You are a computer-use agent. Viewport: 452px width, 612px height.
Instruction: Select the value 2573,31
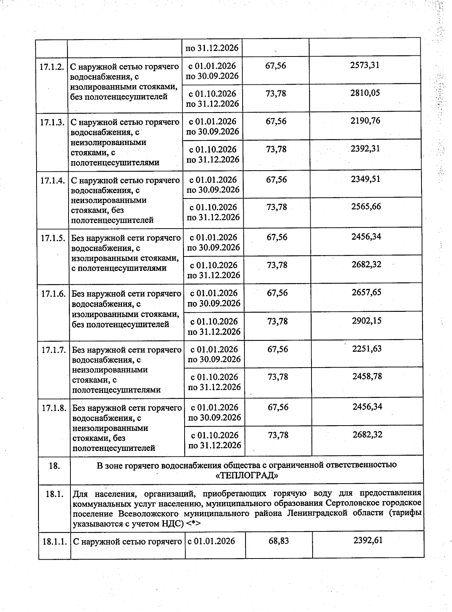(x=365, y=65)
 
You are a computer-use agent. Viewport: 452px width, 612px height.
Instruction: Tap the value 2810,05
(x=365, y=93)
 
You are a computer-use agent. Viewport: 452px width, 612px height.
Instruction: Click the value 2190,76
(x=365, y=121)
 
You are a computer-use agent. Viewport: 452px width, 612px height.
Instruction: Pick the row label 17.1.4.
(x=53, y=180)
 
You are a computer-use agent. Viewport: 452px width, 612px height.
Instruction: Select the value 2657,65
(x=366, y=292)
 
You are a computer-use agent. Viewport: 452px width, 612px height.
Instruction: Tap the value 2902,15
(x=366, y=320)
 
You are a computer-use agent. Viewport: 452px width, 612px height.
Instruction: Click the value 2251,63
(x=367, y=349)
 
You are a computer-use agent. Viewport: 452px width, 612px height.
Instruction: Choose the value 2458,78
(x=367, y=376)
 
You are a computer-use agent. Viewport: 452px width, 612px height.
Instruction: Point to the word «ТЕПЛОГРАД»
(x=247, y=475)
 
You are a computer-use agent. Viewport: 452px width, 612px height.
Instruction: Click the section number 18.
(x=54, y=466)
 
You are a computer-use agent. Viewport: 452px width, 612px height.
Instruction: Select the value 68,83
(x=279, y=541)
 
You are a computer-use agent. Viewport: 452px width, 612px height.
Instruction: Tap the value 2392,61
(x=368, y=540)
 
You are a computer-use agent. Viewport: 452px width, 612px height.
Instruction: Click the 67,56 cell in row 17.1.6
(x=277, y=293)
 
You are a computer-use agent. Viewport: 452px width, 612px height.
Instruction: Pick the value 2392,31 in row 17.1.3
(x=365, y=149)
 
